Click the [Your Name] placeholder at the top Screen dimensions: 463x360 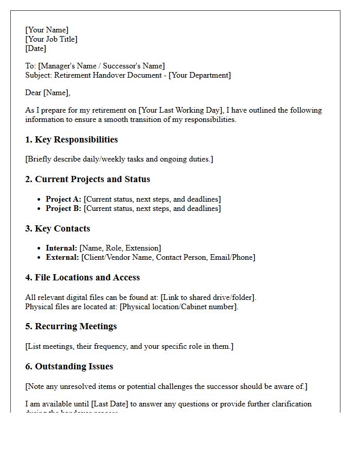click(x=47, y=30)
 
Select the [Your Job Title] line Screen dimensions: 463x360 click(x=51, y=39)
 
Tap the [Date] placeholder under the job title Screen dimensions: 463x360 click(x=35, y=48)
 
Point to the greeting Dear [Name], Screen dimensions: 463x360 click(x=48, y=93)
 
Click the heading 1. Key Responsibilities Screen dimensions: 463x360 click(x=71, y=139)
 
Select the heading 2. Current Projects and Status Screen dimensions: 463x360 click(x=87, y=179)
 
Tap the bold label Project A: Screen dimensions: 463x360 click(x=63, y=199)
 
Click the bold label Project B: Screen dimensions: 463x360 click(x=63, y=208)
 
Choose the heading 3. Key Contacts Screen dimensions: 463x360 click(x=58, y=228)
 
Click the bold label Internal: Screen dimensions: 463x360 click(x=61, y=248)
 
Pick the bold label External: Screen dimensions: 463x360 click(x=62, y=257)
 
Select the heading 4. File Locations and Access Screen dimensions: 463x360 click(x=82, y=277)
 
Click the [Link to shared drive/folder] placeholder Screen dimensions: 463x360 click(x=208, y=297)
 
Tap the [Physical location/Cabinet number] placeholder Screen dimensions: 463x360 click(x=178, y=307)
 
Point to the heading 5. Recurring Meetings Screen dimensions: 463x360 click(x=71, y=326)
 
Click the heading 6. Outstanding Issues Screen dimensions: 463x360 click(x=69, y=366)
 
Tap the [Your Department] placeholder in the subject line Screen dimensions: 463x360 click(x=200, y=75)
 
